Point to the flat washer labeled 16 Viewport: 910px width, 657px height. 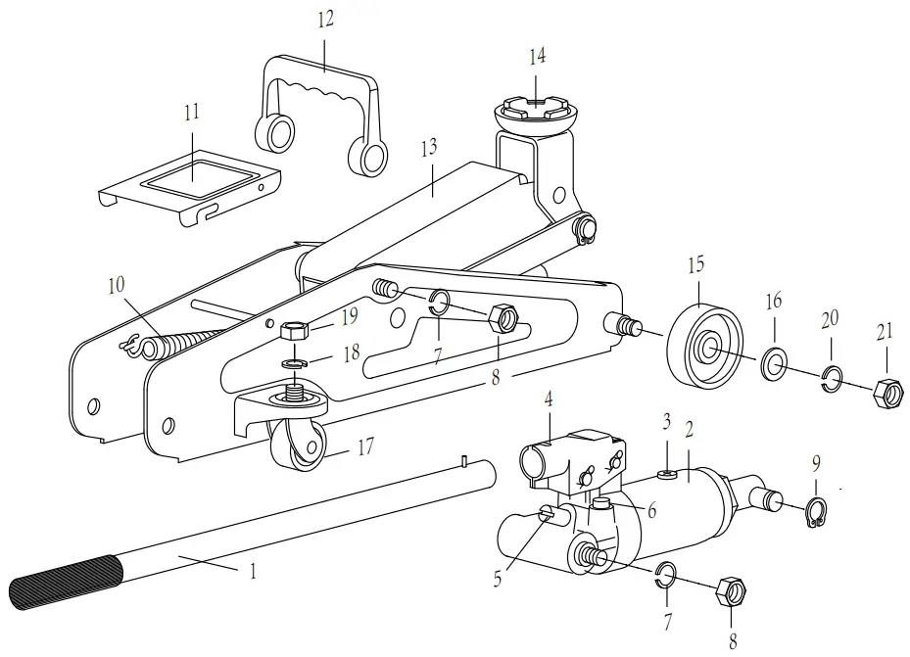click(x=775, y=366)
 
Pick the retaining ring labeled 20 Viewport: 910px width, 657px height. click(x=832, y=379)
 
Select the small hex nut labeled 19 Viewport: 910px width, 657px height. click(x=295, y=330)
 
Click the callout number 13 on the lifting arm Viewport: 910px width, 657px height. click(x=427, y=148)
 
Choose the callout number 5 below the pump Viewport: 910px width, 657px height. click(x=497, y=579)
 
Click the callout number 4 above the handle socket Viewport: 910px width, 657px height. click(x=550, y=399)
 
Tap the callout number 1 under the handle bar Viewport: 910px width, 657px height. click(x=253, y=571)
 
